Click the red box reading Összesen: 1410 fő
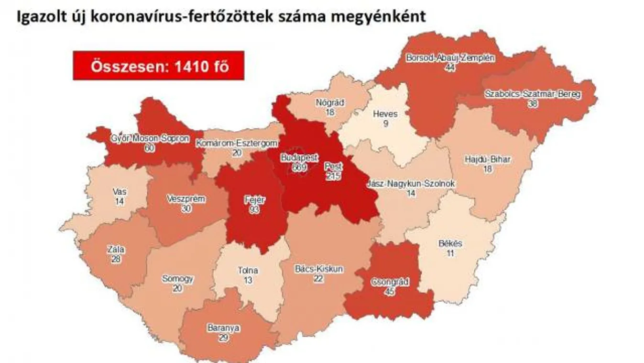[159, 66]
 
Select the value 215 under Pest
[334, 176]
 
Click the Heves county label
[385, 114]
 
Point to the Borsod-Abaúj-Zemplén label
[450, 58]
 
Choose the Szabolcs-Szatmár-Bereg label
[532, 94]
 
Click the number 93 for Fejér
[254, 210]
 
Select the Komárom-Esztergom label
[236, 143]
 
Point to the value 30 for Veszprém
[186, 208]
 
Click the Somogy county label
[177, 278]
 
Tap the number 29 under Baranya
[223, 338]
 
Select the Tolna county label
[248, 270]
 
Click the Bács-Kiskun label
[319, 269]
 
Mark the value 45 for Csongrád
[390, 291]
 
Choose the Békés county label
[450, 243]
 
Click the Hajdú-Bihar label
[487, 159]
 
